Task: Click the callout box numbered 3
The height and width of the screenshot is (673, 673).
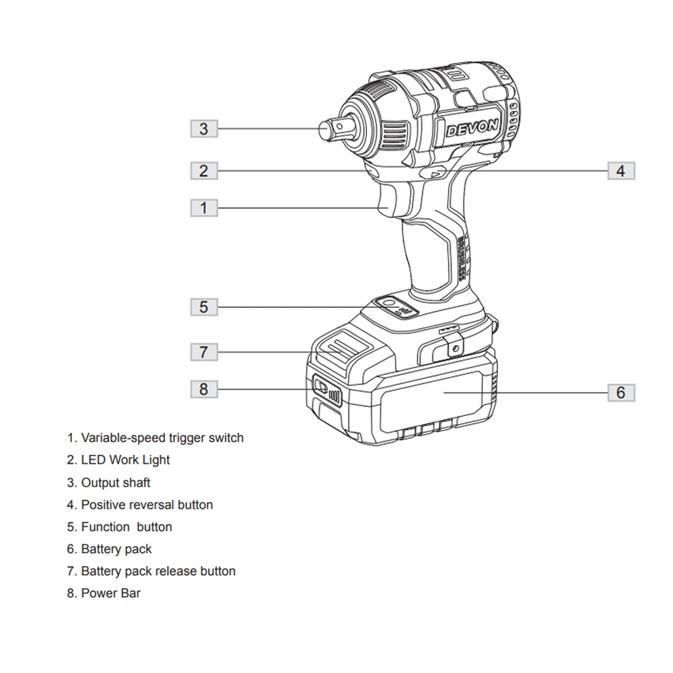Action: point(204,129)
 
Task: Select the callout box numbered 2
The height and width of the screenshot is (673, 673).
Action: point(204,170)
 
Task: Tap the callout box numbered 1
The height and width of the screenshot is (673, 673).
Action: point(204,207)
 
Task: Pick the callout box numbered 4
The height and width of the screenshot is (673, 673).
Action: point(621,170)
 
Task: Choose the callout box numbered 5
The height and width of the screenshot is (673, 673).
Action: point(204,308)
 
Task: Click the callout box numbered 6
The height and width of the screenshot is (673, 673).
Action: point(621,392)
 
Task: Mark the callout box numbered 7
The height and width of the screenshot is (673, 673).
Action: point(204,351)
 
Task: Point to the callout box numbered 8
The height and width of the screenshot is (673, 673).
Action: point(204,388)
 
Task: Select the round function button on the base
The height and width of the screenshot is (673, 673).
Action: point(388,305)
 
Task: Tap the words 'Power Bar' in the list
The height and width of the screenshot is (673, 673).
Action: point(110,594)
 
